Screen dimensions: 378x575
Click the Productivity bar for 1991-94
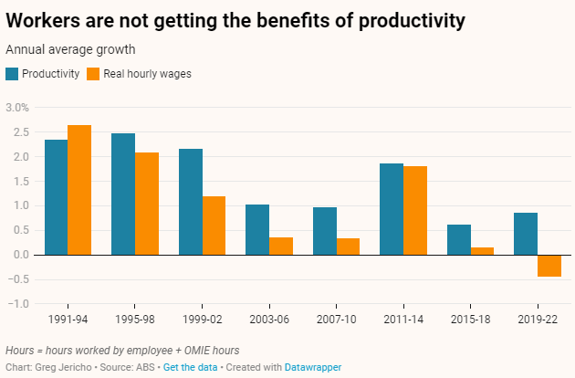point(56,197)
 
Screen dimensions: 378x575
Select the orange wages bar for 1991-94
point(79,190)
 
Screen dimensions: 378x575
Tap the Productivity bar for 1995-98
point(123,194)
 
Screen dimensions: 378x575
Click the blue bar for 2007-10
point(324,231)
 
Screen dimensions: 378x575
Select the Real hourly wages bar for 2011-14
point(415,210)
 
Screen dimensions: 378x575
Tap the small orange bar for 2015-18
point(482,251)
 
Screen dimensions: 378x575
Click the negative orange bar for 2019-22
point(549,265)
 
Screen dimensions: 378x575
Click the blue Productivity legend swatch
point(12,74)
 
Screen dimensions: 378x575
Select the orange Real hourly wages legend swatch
point(93,74)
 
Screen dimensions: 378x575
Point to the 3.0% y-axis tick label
point(17,108)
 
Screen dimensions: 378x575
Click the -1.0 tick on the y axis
point(19,303)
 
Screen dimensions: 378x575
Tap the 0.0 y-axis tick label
point(19,255)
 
